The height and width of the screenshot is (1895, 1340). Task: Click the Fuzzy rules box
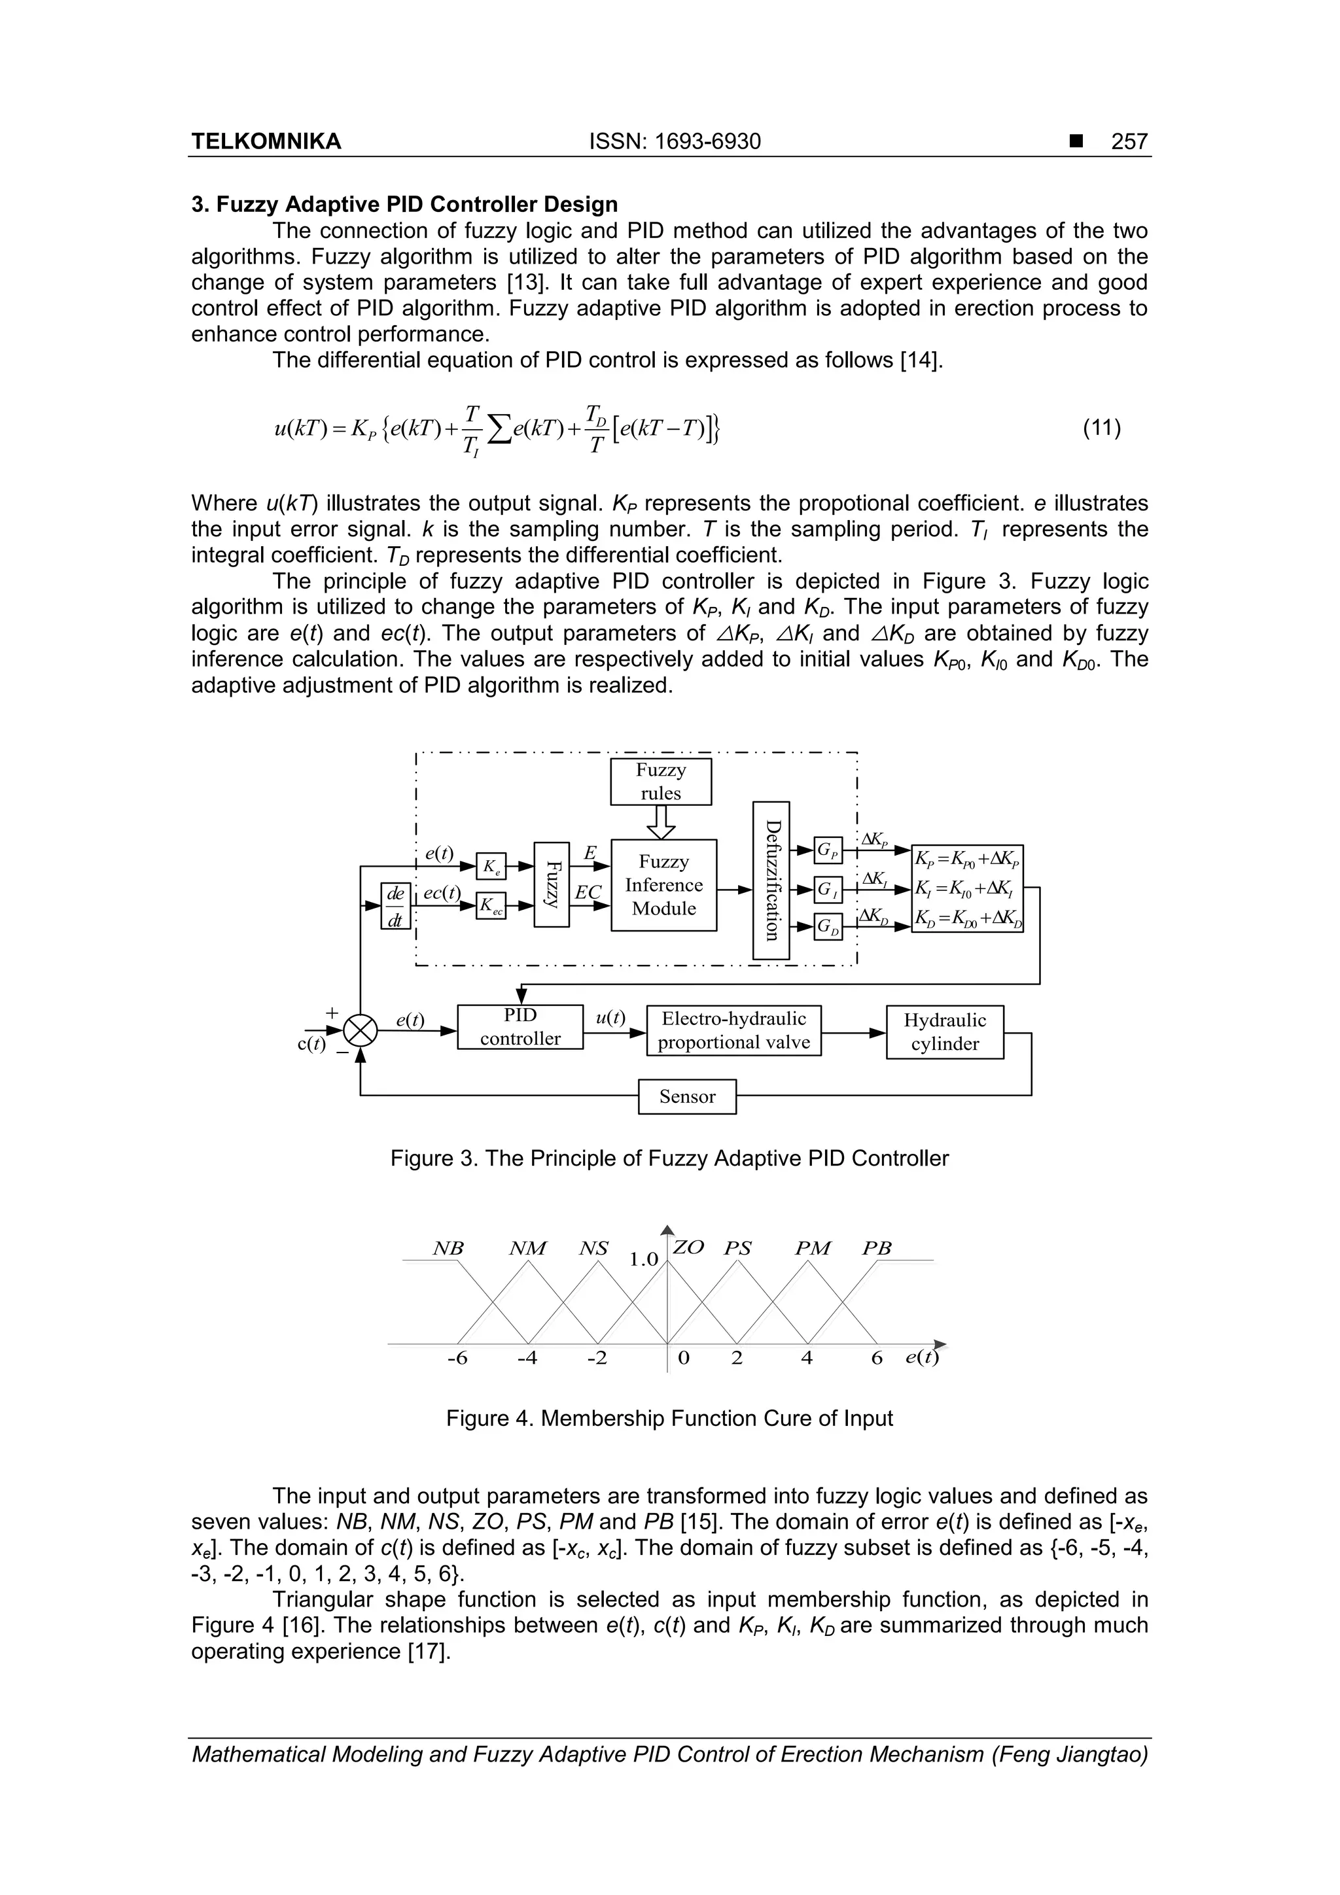tap(660, 782)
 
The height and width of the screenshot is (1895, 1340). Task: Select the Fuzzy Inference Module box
tap(664, 885)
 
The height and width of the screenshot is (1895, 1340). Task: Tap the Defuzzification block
tap(772, 880)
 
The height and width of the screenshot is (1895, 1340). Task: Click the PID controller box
tap(520, 1027)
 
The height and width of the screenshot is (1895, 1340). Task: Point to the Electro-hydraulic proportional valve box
tap(733, 1031)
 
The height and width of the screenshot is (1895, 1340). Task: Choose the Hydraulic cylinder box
tap(945, 1032)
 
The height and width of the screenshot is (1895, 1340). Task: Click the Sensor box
tap(687, 1096)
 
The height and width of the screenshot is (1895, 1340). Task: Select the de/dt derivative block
tap(395, 905)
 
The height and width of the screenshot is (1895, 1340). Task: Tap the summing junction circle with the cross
tap(360, 1031)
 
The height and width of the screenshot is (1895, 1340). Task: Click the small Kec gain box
tap(491, 905)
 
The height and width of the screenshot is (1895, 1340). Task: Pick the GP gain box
tap(828, 850)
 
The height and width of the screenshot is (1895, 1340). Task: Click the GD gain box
tap(828, 928)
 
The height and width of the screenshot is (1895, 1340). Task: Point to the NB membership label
tap(448, 1249)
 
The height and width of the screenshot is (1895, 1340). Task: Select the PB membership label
tap(877, 1249)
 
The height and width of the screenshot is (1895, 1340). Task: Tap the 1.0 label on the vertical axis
tap(644, 1259)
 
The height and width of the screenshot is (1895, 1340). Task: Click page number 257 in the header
tap(1129, 142)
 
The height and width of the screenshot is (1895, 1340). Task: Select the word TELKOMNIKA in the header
tap(266, 142)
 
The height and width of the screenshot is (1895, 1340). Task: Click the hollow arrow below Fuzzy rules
tap(660, 822)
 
